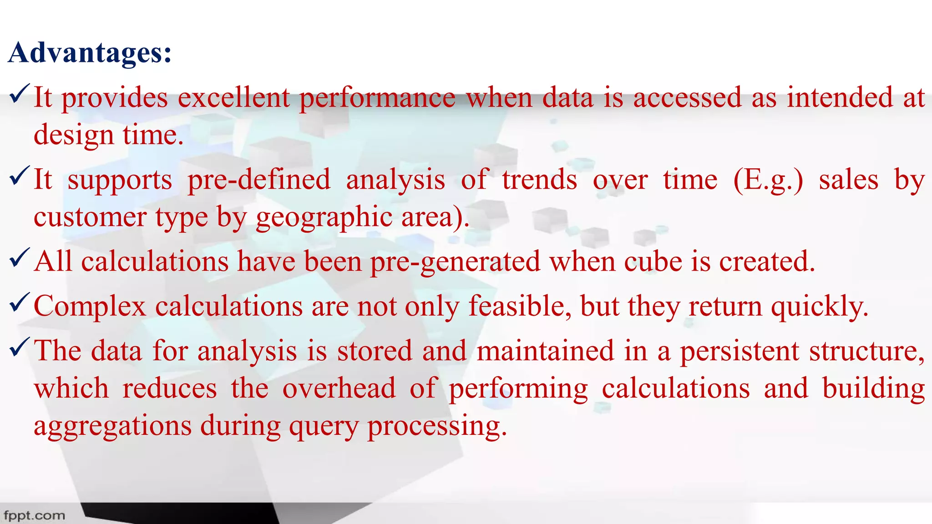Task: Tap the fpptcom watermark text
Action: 34,515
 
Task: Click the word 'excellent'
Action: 234,97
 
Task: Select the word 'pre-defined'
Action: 259,179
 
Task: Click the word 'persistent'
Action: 740,352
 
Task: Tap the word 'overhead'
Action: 339,388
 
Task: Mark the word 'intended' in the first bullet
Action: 840,97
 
